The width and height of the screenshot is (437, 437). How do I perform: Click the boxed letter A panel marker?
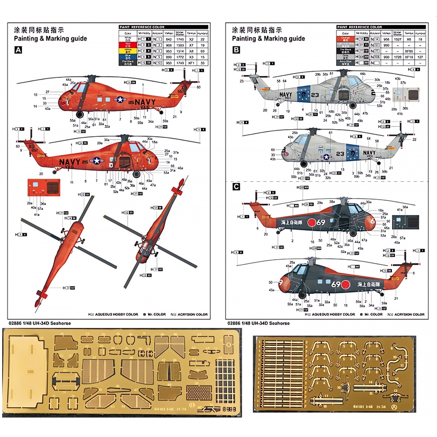18,50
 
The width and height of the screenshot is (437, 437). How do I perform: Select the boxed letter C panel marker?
236,187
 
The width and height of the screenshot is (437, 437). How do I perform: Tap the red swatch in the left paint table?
127,45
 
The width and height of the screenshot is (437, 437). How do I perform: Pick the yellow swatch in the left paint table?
127,51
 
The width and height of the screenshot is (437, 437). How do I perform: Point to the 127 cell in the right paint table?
420,57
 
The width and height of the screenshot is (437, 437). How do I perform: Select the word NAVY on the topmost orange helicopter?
145,103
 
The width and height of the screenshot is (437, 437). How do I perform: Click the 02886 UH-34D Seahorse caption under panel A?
39,323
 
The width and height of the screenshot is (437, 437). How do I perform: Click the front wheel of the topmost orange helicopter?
80,114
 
